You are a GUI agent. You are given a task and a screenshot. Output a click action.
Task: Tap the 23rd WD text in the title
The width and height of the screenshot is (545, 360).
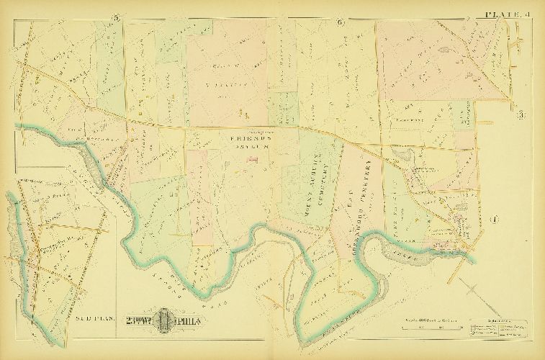pos(142,320)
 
